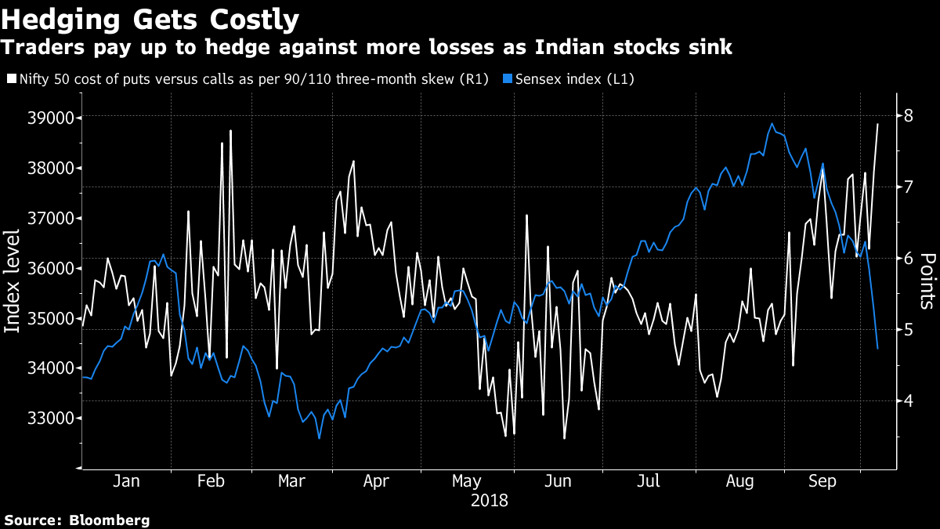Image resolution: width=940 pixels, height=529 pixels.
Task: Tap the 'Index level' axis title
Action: point(13,281)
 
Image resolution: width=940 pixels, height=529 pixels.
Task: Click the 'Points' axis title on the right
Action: point(927,281)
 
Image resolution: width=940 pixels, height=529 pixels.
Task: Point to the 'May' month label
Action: point(467,481)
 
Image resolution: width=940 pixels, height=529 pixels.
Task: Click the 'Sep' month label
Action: point(822,481)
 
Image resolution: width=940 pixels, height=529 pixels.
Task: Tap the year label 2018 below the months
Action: point(489,500)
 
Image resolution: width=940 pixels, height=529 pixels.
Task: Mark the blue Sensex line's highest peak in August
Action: point(772,123)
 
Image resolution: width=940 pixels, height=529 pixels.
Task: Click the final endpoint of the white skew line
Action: point(877,124)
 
